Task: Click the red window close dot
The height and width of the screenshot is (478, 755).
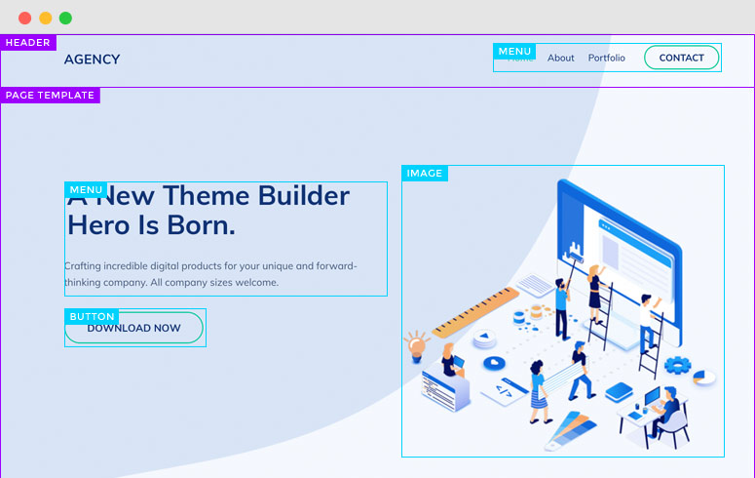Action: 24,18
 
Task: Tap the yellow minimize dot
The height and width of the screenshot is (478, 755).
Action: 45,18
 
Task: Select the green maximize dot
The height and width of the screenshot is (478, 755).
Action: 65,18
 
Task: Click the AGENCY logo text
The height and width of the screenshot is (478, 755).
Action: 92,60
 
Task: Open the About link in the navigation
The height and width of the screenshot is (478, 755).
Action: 561,58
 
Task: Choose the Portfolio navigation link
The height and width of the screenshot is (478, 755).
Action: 606,58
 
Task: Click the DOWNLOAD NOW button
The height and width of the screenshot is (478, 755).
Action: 134,329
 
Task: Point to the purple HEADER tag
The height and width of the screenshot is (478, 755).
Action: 28,43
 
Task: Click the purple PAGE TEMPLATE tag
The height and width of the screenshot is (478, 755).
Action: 50,96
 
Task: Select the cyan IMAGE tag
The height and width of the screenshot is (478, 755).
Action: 425,174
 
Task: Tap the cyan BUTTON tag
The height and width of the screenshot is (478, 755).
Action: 93,317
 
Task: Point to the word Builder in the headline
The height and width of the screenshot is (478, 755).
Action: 303,196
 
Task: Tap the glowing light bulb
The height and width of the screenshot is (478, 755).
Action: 417,343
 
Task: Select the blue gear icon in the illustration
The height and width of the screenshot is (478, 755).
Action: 677,366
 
